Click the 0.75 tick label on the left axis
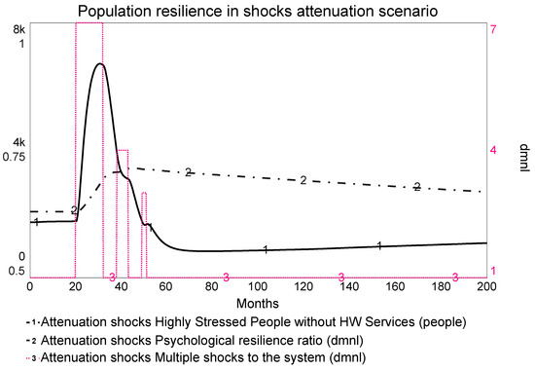click(x=16, y=157)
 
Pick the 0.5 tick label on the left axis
click(x=17, y=270)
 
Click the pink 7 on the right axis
click(x=493, y=30)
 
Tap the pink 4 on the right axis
click(x=493, y=150)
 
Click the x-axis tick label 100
click(x=259, y=285)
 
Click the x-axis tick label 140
click(x=349, y=285)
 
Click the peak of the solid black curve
click(x=99, y=64)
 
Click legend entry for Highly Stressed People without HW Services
click(x=248, y=320)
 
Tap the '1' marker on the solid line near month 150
click(x=379, y=245)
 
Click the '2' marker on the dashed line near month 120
click(x=303, y=180)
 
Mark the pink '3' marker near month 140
click(x=341, y=277)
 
